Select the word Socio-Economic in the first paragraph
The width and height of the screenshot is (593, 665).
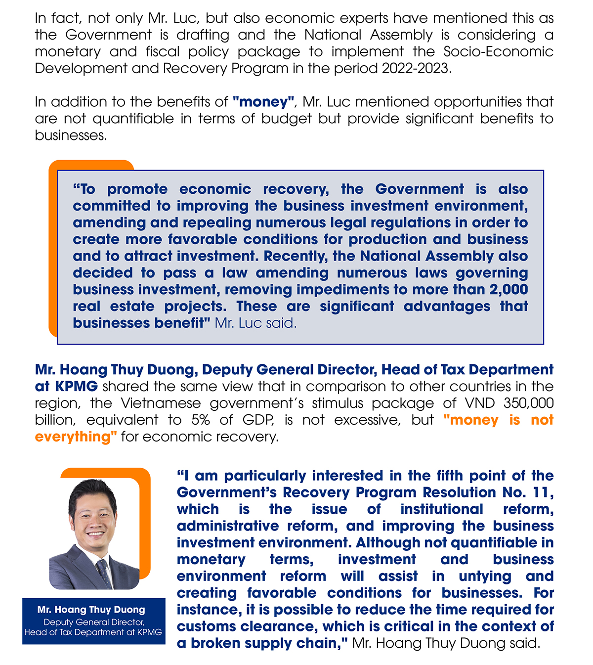pos(498,51)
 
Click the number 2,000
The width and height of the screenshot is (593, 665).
pos(508,290)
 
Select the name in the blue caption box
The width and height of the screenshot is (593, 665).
pos(91,610)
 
